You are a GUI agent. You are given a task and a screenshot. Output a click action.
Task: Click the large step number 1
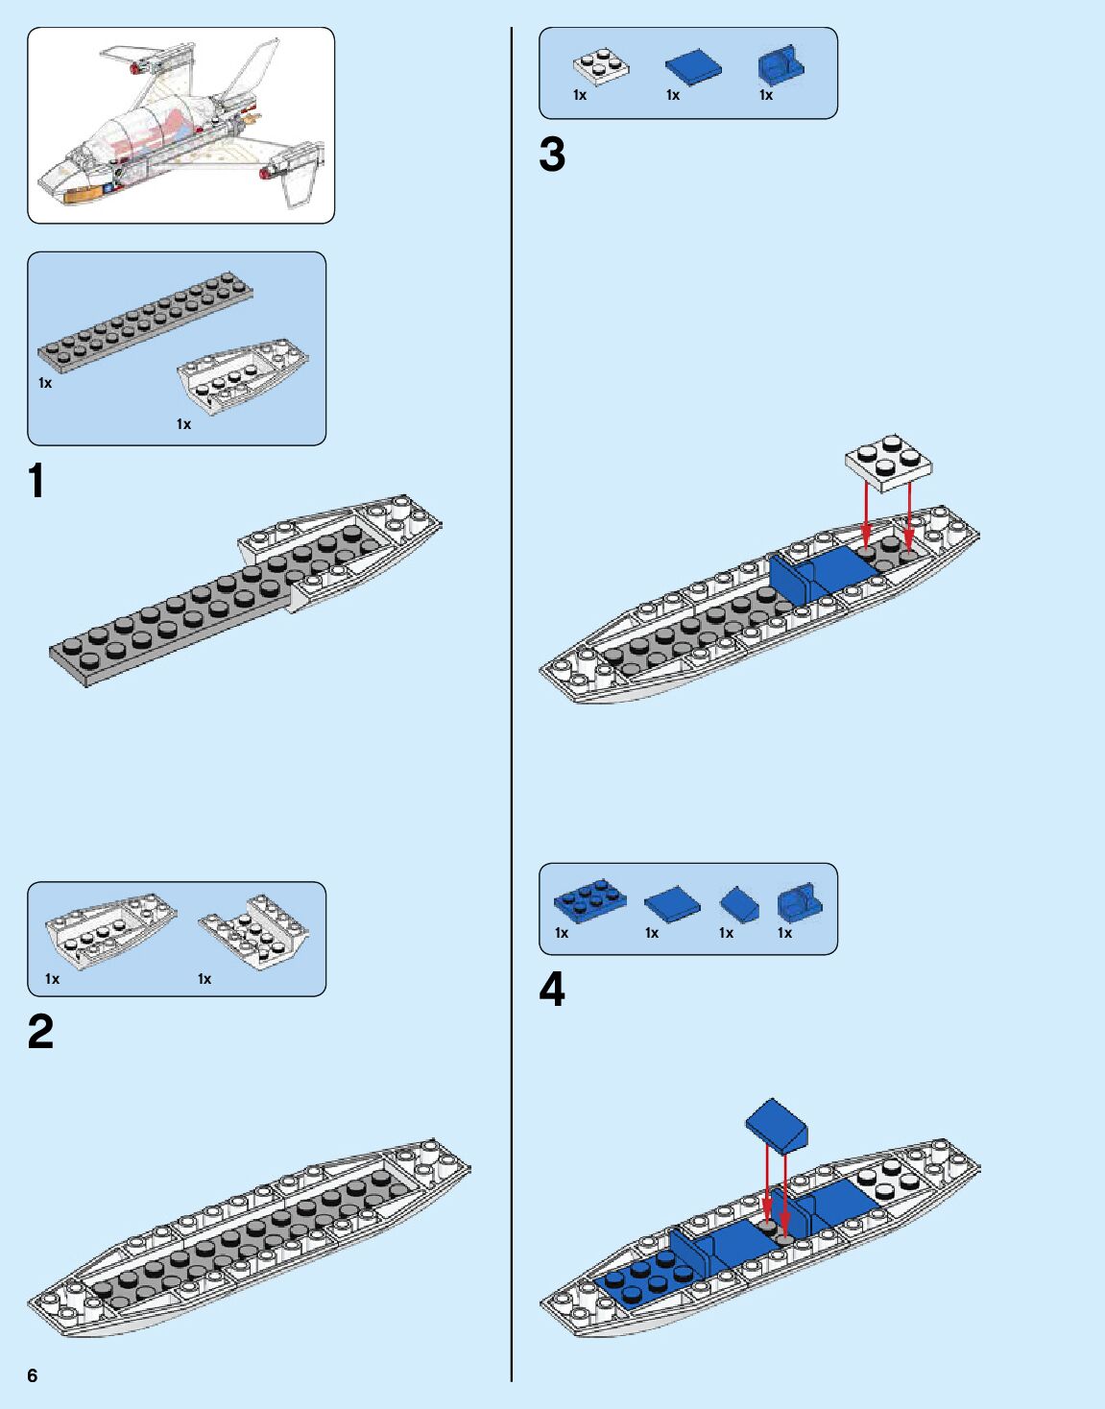(x=36, y=481)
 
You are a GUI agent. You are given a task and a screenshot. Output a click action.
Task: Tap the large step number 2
(x=40, y=1032)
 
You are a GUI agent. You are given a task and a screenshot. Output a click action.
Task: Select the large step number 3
(x=552, y=155)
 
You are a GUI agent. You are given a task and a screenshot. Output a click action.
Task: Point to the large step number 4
(x=552, y=990)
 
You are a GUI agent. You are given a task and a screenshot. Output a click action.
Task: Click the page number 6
(x=33, y=1375)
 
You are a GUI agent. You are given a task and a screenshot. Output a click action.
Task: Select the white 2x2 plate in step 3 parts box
(x=601, y=65)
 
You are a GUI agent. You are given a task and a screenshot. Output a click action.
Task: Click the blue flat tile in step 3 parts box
(x=693, y=66)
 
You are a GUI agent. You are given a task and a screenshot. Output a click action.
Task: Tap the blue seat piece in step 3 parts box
(x=780, y=65)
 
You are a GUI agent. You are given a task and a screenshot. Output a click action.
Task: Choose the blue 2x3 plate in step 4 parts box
(x=589, y=900)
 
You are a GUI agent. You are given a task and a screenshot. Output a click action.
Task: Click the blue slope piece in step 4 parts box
(x=740, y=902)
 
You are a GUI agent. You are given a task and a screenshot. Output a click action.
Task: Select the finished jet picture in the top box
(x=181, y=125)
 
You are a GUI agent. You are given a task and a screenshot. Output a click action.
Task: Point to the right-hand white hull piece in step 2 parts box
(x=255, y=932)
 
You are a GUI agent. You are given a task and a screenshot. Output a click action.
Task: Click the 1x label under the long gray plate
(x=45, y=383)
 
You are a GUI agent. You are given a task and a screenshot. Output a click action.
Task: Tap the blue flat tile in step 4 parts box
(x=672, y=902)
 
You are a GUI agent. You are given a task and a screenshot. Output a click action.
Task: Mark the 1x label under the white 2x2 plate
(x=580, y=95)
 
